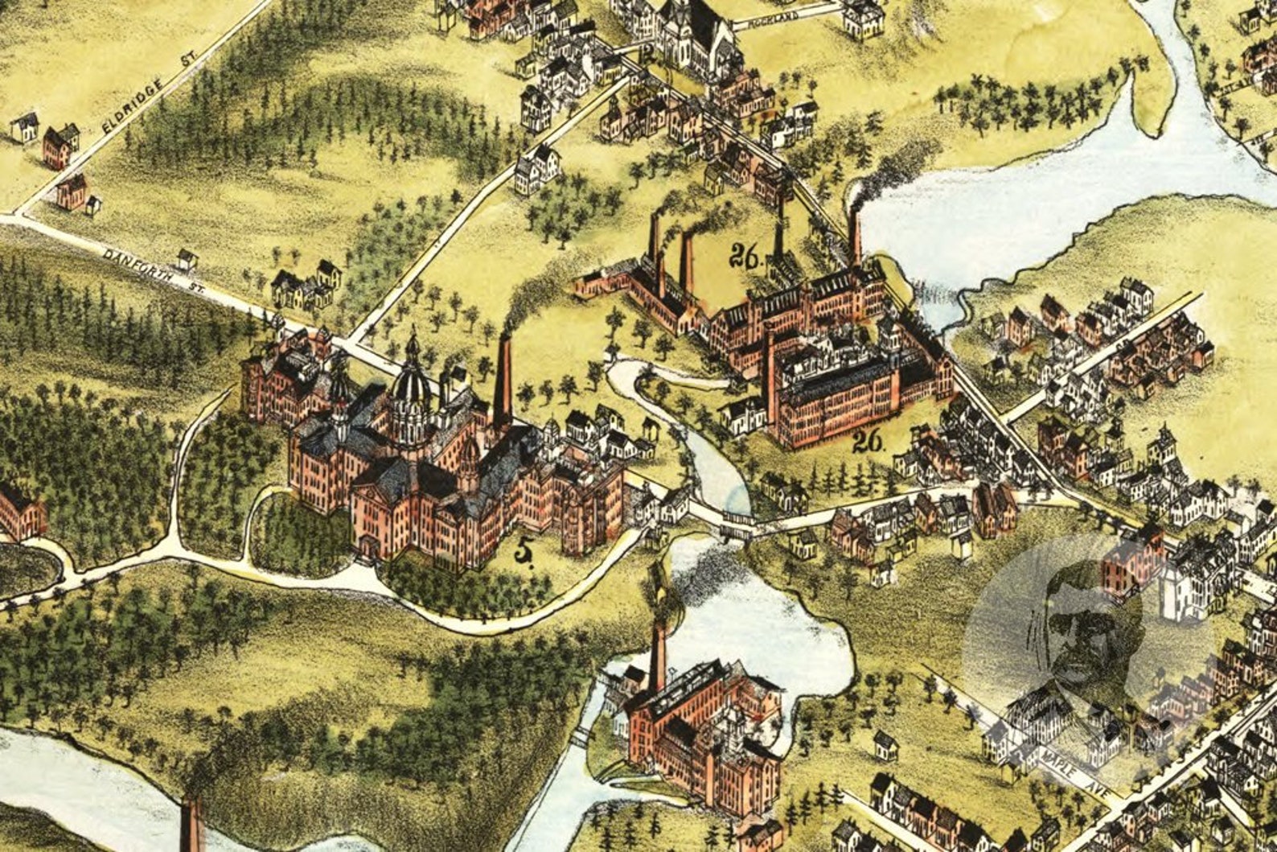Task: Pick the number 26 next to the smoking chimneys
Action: click(x=745, y=255)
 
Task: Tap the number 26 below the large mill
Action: click(x=870, y=440)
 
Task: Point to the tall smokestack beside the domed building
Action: click(x=503, y=381)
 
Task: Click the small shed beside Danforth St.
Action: click(x=187, y=259)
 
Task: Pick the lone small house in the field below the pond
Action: click(x=885, y=745)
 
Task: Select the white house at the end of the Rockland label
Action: click(x=863, y=19)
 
